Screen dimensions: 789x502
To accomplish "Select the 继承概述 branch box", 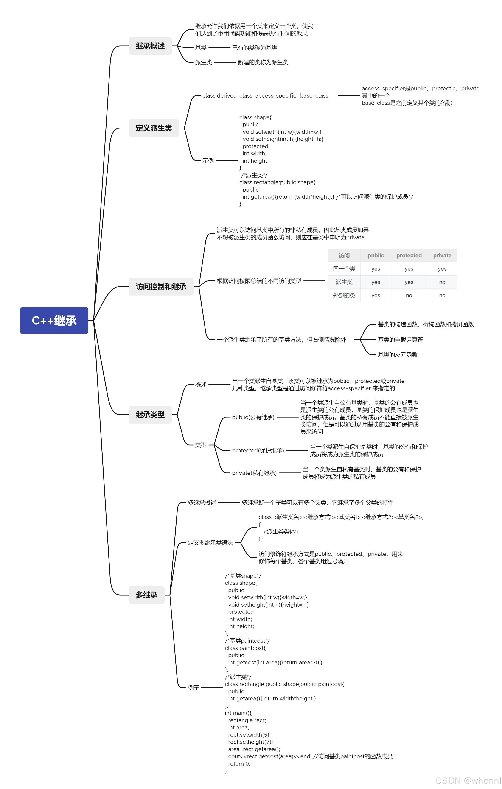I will tap(150, 46).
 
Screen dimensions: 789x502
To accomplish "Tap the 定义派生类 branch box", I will tap(154, 128).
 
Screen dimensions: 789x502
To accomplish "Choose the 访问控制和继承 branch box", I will tap(161, 286).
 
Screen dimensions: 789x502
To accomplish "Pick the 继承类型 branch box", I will tap(150, 415).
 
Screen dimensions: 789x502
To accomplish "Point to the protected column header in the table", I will tap(409, 255).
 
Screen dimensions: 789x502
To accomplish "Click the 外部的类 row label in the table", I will tap(344, 295).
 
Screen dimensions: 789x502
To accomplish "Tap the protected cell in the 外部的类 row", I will tap(409, 295).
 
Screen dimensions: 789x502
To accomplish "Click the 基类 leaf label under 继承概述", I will tap(201, 48).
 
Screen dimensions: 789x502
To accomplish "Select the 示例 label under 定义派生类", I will tap(208, 161).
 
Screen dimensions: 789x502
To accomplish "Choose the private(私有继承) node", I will tap(254, 473).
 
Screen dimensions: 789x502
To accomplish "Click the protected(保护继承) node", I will tap(258, 451).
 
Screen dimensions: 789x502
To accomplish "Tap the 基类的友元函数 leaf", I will tap(397, 354).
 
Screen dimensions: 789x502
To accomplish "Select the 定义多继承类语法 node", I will tap(210, 543).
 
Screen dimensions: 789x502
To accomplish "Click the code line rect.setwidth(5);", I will tap(249, 735).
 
